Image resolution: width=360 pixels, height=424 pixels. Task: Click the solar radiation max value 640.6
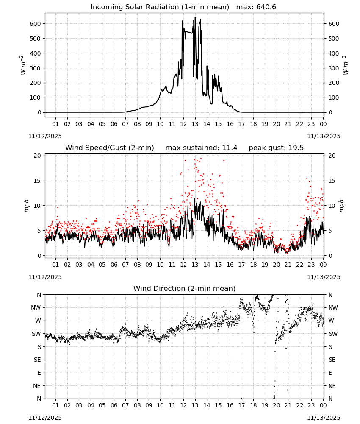(x=266, y=7)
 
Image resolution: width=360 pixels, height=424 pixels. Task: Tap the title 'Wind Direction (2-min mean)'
(x=185, y=288)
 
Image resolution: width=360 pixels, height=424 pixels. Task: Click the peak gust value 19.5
(x=297, y=148)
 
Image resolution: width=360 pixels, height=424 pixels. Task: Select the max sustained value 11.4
(x=230, y=148)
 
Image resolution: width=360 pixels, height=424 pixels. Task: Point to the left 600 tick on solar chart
(x=36, y=24)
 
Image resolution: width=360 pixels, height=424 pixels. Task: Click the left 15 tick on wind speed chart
(x=38, y=181)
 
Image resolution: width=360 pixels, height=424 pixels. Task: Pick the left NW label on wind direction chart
(x=36, y=307)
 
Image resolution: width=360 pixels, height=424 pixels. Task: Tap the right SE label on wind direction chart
(x=332, y=360)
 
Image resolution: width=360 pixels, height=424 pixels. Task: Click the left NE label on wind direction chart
(x=37, y=386)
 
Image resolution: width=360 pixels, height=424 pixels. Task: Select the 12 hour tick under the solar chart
(x=183, y=124)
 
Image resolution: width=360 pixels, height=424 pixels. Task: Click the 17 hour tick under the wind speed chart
(x=241, y=265)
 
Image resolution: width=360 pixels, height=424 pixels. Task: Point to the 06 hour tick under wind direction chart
(x=114, y=406)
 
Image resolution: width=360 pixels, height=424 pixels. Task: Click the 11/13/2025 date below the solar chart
(x=324, y=136)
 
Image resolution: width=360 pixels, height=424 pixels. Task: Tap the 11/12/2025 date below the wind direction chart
(x=45, y=418)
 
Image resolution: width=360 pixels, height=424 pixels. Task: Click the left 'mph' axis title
(x=26, y=206)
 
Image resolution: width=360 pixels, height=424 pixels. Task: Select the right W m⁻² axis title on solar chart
(x=346, y=65)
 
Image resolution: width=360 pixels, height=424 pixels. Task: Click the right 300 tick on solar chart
(x=334, y=68)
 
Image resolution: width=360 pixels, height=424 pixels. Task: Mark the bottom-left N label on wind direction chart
(x=39, y=399)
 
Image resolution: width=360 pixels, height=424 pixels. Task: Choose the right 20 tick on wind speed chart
(x=332, y=156)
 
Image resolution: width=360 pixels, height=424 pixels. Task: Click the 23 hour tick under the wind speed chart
(x=311, y=265)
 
